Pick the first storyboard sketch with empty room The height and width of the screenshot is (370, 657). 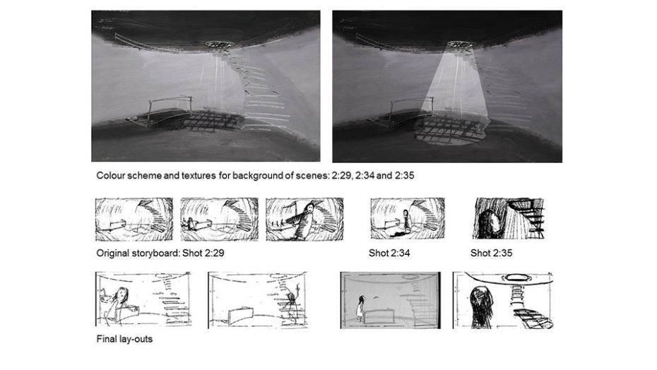(x=134, y=220)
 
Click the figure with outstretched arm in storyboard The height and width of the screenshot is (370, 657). (x=306, y=220)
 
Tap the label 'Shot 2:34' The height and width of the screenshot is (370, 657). (x=389, y=253)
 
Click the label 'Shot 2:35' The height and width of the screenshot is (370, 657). (x=491, y=253)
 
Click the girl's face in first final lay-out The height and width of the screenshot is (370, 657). (x=121, y=294)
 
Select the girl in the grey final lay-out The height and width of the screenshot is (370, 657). (x=360, y=307)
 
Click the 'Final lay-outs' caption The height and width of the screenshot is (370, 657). (x=124, y=339)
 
